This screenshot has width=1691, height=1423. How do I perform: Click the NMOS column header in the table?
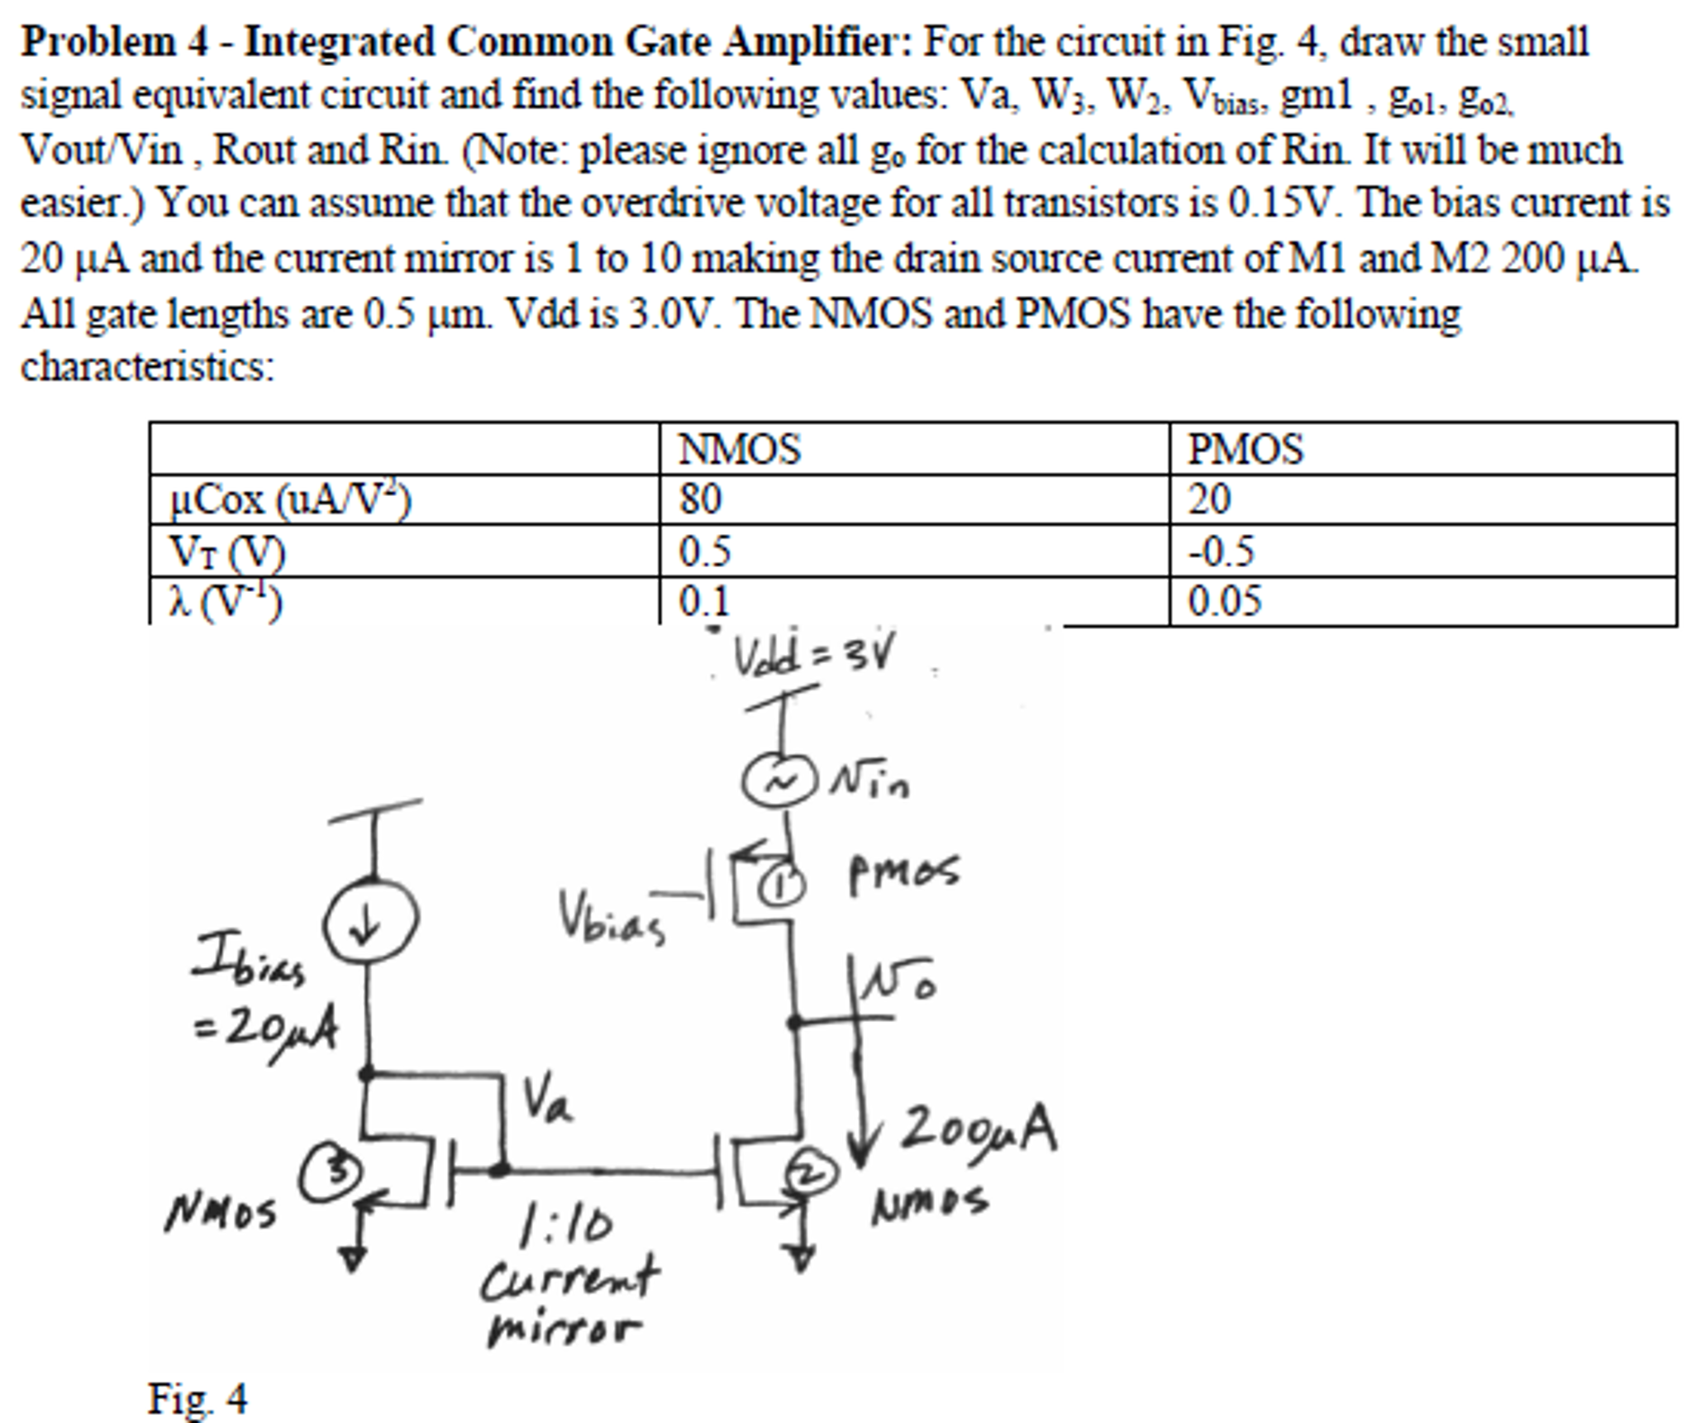pyautogui.click(x=739, y=450)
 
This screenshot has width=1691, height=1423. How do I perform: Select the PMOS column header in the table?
pyautogui.click(x=1245, y=450)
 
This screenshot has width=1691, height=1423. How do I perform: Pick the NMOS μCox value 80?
pyautogui.click(x=700, y=499)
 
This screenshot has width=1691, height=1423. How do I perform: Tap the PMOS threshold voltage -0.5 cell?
pyautogui.click(x=1221, y=551)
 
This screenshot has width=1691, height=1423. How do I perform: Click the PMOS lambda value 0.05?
pyautogui.click(x=1224, y=601)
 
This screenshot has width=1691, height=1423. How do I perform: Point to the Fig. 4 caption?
pyautogui.click(x=197, y=1398)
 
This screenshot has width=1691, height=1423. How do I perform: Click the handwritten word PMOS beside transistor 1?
pyautogui.click(x=903, y=871)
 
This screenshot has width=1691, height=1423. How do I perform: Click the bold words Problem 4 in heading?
pyautogui.click(x=114, y=41)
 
